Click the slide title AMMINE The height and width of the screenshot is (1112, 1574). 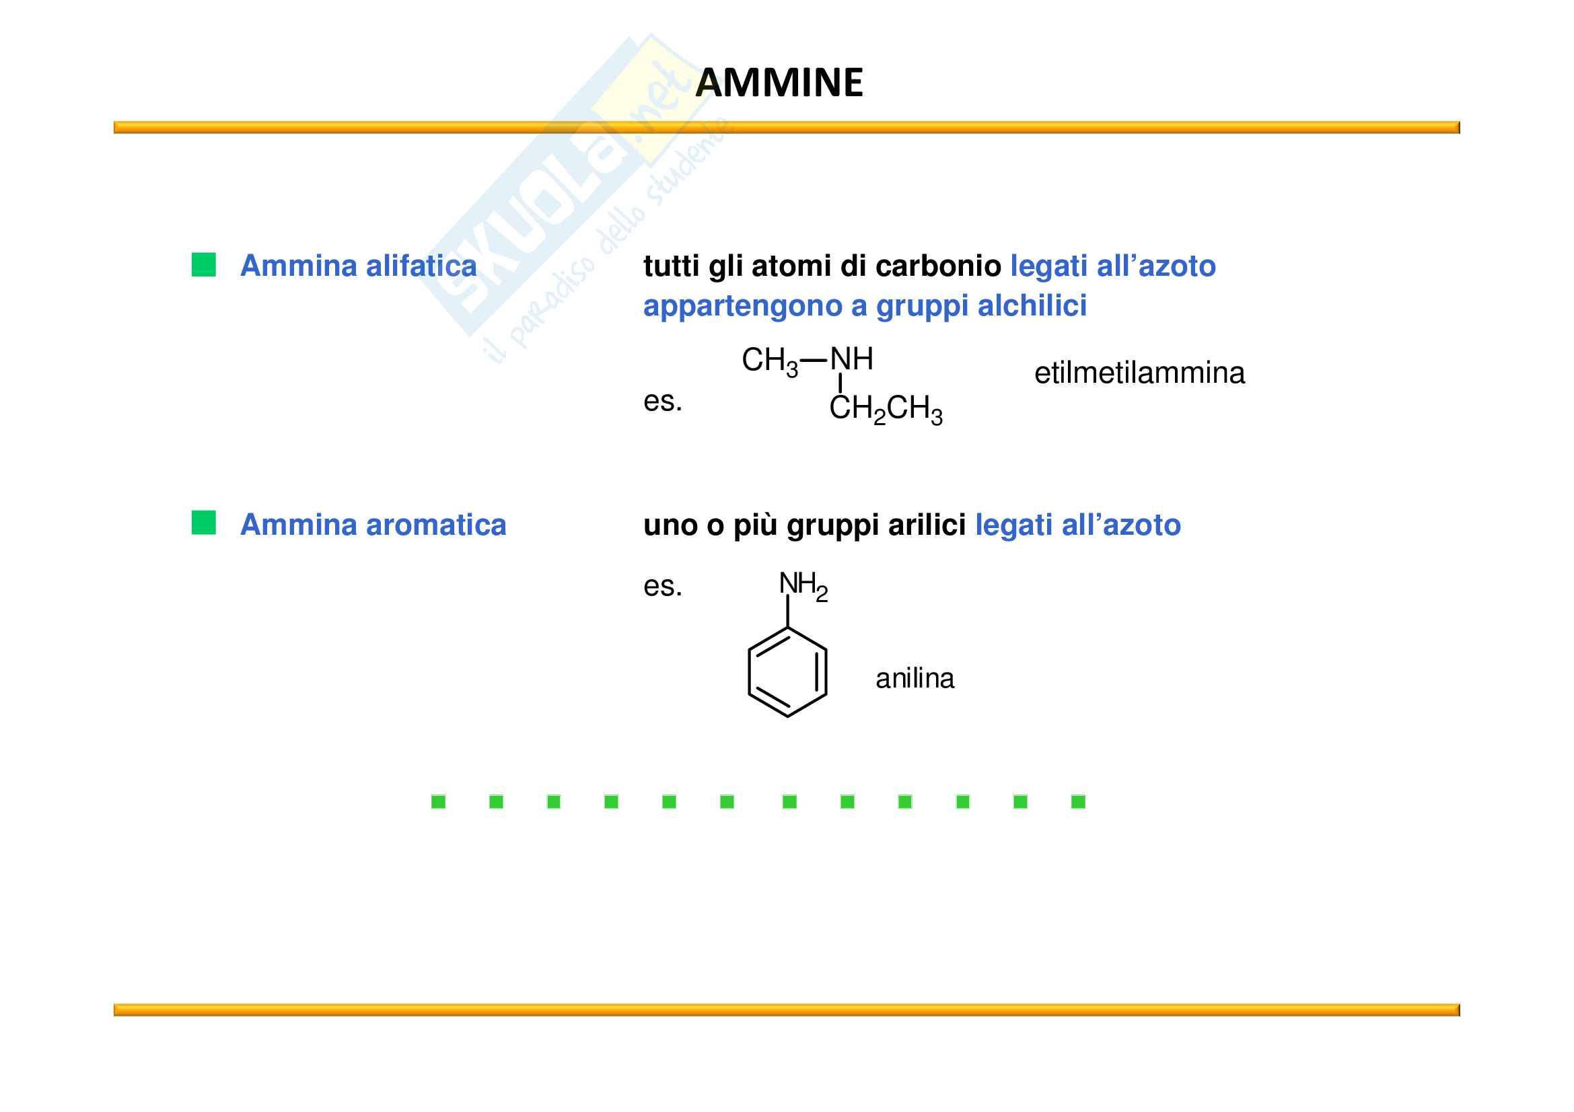click(x=779, y=83)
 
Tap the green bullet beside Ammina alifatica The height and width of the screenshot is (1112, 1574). click(x=204, y=264)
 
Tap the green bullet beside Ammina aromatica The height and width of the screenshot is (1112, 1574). click(x=204, y=522)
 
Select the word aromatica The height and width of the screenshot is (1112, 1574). click(x=436, y=525)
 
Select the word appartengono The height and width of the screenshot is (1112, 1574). click(x=742, y=306)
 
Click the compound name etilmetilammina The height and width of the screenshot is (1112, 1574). click(x=1139, y=373)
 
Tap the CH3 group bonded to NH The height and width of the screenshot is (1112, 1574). click(x=769, y=361)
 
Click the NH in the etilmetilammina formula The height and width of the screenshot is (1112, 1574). click(x=851, y=359)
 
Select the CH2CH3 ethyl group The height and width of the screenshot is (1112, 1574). click(x=886, y=409)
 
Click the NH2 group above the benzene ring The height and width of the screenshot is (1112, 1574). click(x=803, y=586)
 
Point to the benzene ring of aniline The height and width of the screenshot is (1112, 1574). click(x=787, y=672)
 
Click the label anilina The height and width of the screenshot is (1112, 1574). click(x=915, y=679)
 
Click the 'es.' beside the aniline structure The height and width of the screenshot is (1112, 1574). click(x=662, y=587)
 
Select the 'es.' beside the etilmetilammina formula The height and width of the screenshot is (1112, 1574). click(x=662, y=402)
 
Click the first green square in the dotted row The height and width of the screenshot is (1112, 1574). click(x=439, y=802)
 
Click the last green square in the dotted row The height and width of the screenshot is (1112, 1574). click(x=1077, y=802)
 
